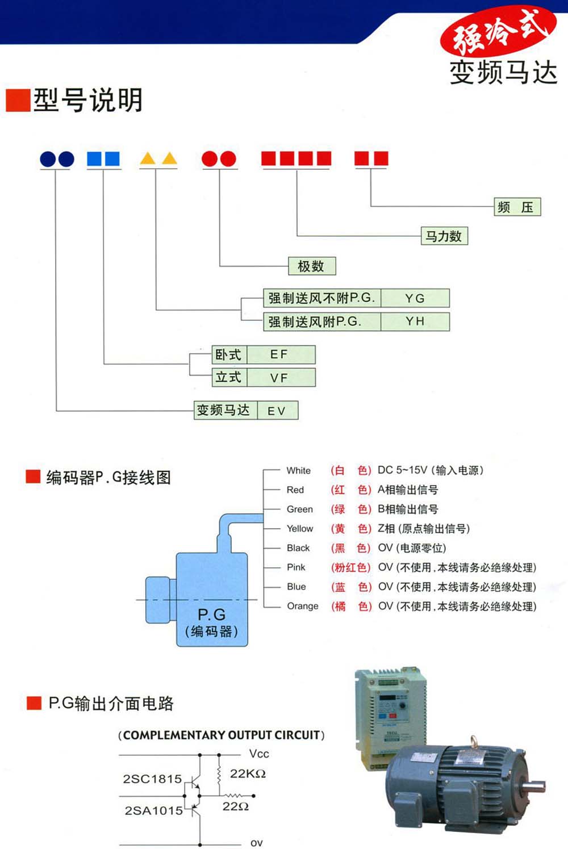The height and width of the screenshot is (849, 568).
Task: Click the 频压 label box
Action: [x=517, y=207]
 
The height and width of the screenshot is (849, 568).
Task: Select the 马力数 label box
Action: [x=444, y=236]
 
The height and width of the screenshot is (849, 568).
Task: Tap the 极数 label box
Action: [x=311, y=266]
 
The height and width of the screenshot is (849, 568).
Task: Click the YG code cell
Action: [x=415, y=298]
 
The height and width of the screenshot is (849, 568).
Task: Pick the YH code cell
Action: [x=415, y=321]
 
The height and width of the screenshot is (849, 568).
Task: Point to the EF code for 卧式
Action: [x=279, y=354]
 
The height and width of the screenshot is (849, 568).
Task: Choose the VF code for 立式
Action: [x=279, y=378]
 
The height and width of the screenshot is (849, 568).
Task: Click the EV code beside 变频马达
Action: [x=277, y=411]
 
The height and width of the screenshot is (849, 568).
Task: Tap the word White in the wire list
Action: [x=298, y=470]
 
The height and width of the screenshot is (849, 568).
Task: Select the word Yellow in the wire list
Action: [x=299, y=529]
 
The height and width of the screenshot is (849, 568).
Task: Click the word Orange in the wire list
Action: [x=302, y=606]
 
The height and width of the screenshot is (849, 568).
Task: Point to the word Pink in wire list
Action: [x=296, y=567]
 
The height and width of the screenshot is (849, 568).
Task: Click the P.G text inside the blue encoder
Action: [x=211, y=614]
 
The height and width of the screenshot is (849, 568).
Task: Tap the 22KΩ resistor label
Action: [x=248, y=773]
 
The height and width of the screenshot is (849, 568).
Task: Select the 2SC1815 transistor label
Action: [x=152, y=779]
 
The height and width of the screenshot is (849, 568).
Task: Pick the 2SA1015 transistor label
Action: [x=153, y=810]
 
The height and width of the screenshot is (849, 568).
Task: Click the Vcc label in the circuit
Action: [x=259, y=754]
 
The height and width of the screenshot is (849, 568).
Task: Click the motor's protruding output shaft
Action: [x=533, y=787]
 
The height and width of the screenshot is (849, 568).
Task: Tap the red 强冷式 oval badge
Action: [x=498, y=31]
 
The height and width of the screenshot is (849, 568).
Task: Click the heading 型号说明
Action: [x=87, y=101]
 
